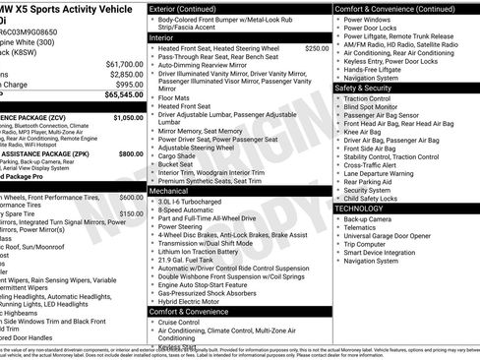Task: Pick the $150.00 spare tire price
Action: [x=131, y=212]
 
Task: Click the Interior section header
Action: [x=161, y=36]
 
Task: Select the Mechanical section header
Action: [x=168, y=190]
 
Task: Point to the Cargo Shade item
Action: [x=177, y=154]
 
